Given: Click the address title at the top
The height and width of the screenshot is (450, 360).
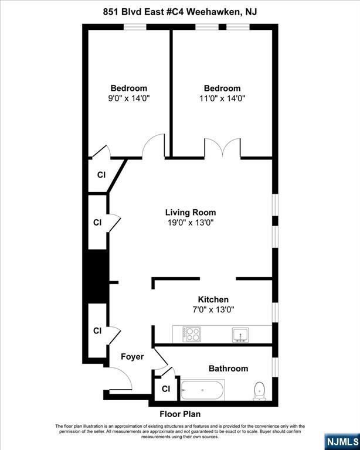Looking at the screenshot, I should click(x=179, y=11).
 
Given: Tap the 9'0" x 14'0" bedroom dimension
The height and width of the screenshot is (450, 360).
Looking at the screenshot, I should click(x=129, y=98).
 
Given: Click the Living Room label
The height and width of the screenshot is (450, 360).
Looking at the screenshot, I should click(x=190, y=212).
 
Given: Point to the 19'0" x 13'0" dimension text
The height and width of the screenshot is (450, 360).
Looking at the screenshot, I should click(x=190, y=222).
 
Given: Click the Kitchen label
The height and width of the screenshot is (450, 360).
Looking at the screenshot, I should click(x=213, y=299).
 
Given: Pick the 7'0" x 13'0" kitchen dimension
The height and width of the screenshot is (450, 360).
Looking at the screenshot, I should click(x=213, y=309).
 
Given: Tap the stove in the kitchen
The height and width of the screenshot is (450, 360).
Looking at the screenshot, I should click(x=192, y=334).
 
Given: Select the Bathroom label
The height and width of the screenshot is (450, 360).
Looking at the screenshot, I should click(x=228, y=369).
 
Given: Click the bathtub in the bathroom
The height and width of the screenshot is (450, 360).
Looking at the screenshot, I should click(x=202, y=390).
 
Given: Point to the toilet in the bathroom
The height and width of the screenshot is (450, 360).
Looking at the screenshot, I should click(x=260, y=390).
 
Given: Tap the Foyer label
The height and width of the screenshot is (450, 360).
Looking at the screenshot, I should click(x=132, y=356).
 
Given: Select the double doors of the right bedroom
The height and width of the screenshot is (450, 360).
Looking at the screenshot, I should click(x=222, y=147).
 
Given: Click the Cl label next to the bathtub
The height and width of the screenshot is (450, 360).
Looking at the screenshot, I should click(x=166, y=388).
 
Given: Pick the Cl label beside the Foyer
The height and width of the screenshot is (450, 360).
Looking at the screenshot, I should click(x=97, y=330).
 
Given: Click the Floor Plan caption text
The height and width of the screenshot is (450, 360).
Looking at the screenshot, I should click(x=180, y=413).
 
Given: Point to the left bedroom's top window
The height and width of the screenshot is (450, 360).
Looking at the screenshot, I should click(x=135, y=26).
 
